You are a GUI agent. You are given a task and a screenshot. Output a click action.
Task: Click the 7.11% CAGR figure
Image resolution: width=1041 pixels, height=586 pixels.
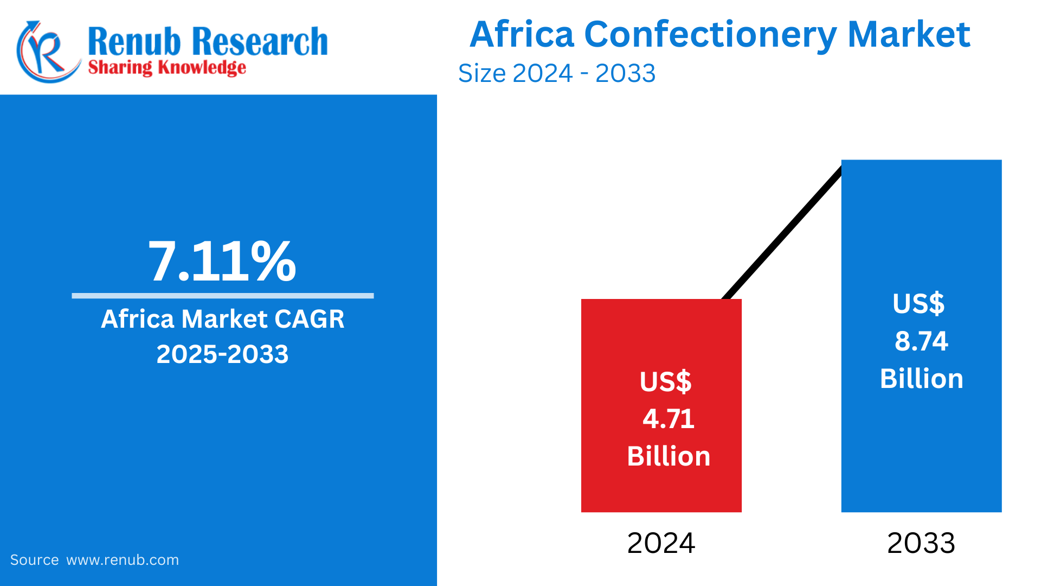pyautogui.click(x=222, y=262)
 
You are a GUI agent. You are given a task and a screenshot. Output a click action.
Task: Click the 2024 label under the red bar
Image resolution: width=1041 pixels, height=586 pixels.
pyautogui.click(x=661, y=543)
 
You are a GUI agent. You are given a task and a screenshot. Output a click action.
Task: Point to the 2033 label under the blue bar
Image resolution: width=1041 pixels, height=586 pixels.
pyautogui.click(x=921, y=543)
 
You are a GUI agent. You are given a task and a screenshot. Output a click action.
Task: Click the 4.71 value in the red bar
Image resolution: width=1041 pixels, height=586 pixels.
pyautogui.click(x=669, y=419)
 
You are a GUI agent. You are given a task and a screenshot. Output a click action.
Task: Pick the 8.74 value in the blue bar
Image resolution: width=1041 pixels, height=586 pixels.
pyautogui.click(x=921, y=341)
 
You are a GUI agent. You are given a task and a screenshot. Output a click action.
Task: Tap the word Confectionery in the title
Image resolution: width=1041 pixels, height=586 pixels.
pyautogui.click(x=710, y=35)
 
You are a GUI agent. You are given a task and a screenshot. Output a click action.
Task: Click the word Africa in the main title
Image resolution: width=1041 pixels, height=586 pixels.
pyautogui.click(x=522, y=35)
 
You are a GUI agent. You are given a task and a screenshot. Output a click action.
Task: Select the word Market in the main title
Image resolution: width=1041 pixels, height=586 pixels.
pyautogui.click(x=909, y=35)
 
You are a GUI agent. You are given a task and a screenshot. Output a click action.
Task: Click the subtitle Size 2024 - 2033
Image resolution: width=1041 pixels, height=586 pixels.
pyautogui.click(x=557, y=73)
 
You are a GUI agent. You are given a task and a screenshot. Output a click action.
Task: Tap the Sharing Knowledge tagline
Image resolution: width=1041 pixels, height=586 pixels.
pyautogui.click(x=167, y=68)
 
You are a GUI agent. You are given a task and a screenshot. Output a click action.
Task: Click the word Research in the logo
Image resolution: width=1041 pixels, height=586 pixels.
pyautogui.click(x=260, y=41)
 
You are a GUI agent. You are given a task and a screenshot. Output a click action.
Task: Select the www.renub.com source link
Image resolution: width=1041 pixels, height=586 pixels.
pyautogui.click(x=123, y=560)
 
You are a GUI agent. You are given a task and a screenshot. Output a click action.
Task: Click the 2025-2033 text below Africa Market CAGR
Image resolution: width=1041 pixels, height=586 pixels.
pyautogui.click(x=222, y=354)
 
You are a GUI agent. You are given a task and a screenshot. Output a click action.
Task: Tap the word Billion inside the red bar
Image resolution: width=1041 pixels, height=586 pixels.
pyautogui.click(x=669, y=456)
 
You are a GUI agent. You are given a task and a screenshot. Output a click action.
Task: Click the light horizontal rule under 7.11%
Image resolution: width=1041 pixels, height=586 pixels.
pyautogui.click(x=222, y=296)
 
